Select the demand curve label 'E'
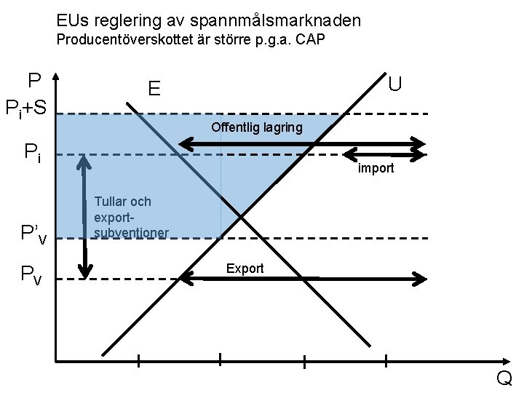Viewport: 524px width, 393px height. (154, 89)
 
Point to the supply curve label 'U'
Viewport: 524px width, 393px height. (394, 84)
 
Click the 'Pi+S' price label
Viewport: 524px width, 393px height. (26, 109)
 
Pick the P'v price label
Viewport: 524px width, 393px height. (33, 234)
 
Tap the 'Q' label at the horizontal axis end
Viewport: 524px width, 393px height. (504, 379)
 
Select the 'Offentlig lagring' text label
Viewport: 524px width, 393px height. (256, 128)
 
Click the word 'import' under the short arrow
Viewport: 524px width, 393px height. (376, 169)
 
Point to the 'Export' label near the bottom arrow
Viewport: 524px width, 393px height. (245, 269)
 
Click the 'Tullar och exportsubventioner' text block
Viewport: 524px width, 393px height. (131, 217)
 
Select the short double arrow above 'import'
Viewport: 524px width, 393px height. (383, 154)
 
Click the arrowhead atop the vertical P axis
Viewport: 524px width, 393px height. (57, 76)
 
